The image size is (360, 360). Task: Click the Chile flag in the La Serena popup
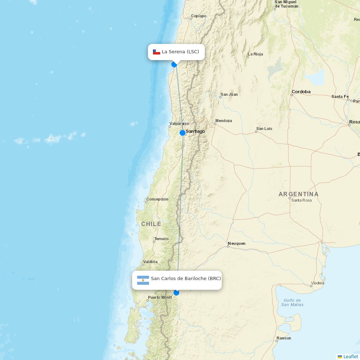point(156,52)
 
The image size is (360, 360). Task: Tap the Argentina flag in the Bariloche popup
point(143,280)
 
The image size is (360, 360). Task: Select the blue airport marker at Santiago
point(183,133)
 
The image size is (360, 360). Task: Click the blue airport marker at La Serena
point(174,64)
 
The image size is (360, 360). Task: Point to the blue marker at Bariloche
point(176,293)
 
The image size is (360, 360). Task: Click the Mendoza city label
point(224,121)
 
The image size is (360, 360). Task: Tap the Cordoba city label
point(301,92)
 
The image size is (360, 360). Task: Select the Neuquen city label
point(237,243)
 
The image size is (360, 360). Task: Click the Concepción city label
point(157,199)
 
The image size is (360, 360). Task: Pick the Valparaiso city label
point(179,123)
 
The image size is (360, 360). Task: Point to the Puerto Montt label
point(160,297)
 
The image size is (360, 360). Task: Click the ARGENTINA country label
point(298,194)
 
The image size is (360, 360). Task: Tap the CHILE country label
point(151,224)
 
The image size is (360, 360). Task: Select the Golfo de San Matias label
point(292,302)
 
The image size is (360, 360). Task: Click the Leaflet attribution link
point(350,356)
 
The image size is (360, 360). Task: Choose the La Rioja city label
point(255,54)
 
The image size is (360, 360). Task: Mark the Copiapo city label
point(198,16)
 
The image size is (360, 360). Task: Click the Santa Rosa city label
point(301,200)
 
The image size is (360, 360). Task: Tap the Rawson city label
point(284,338)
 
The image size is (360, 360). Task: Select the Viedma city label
point(317,283)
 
